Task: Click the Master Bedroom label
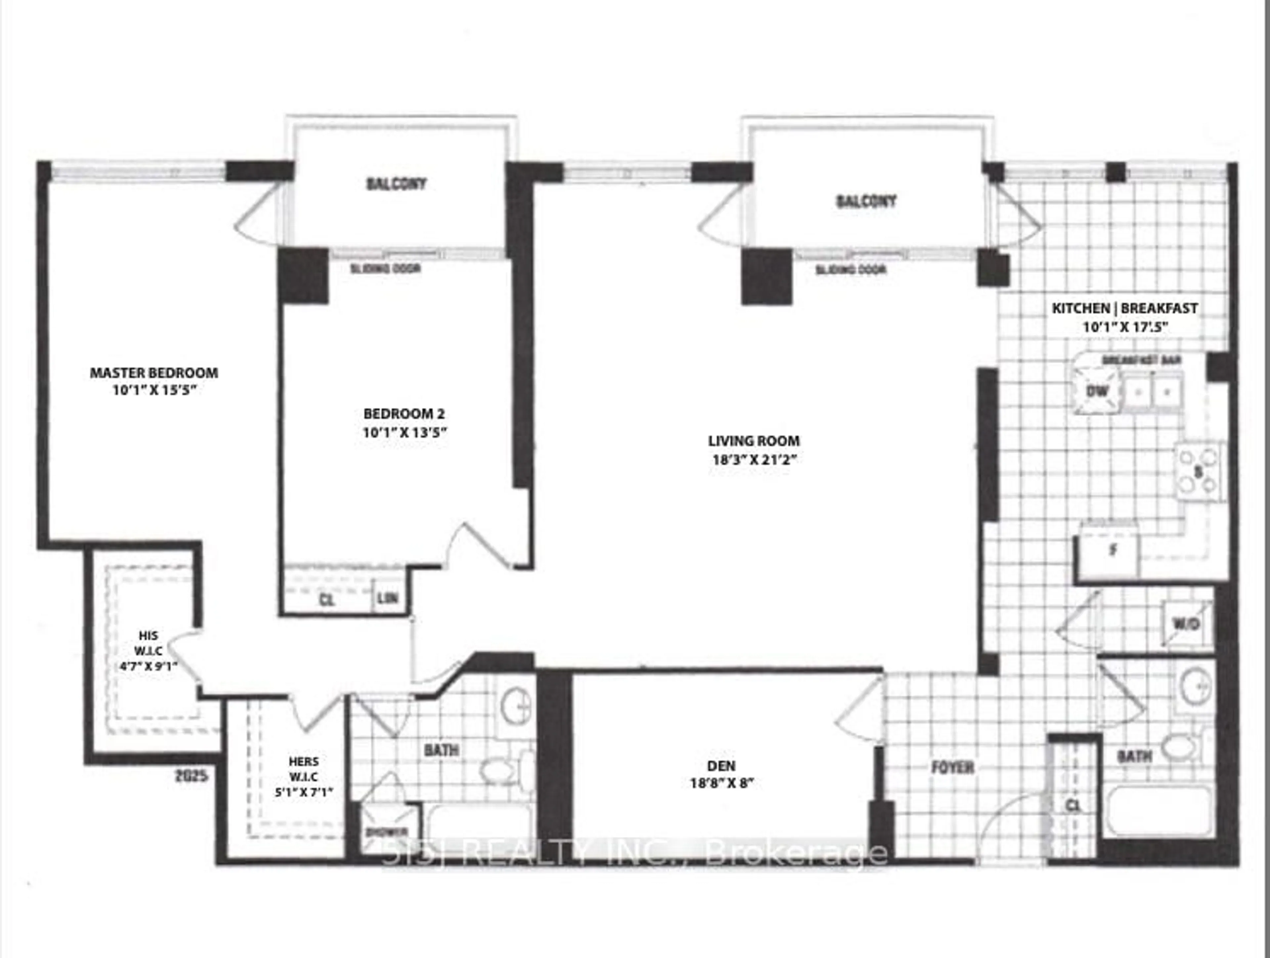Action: tap(154, 373)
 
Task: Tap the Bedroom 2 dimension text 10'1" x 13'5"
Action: tap(405, 432)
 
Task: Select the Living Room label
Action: tap(753, 441)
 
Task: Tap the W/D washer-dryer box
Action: tap(1186, 624)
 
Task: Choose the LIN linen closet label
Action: tap(388, 598)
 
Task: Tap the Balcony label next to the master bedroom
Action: tap(396, 184)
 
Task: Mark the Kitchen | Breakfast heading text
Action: tap(1124, 308)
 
